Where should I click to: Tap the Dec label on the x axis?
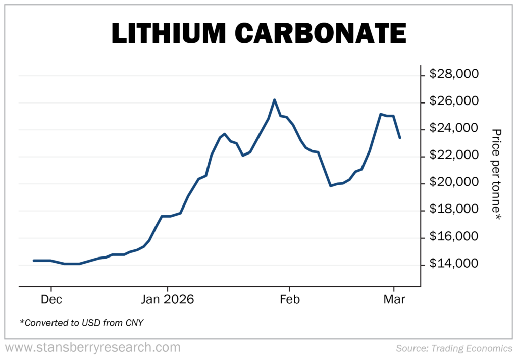(51, 300)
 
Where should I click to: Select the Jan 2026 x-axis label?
(167, 300)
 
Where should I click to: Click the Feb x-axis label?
(289, 300)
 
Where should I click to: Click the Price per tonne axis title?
(497, 174)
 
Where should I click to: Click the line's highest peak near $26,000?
(274, 100)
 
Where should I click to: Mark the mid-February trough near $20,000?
(331, 186)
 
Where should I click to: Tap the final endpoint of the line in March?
(400, 138)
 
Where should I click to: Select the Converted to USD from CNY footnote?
(81, 322)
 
